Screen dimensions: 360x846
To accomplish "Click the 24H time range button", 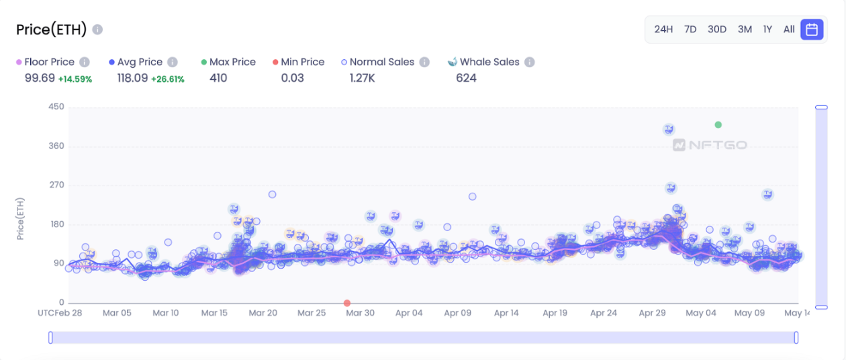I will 663,29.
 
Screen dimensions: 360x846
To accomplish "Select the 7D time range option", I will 690,29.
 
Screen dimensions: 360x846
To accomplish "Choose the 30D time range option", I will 717,29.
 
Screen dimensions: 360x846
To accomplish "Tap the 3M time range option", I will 745,29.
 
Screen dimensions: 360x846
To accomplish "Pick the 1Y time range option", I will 767,29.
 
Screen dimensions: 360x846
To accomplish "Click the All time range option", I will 789,29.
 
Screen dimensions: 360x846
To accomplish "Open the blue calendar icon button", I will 811,29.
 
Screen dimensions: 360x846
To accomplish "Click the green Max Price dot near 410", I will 718,125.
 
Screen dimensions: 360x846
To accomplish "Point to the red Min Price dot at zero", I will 347,303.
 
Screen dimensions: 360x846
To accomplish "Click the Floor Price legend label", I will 49,62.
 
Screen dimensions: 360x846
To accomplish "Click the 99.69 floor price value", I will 40,78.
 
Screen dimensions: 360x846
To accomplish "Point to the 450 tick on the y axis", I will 56,107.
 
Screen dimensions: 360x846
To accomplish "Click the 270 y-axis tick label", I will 56,185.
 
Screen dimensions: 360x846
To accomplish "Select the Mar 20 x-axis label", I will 263,313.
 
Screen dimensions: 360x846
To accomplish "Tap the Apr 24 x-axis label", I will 604,313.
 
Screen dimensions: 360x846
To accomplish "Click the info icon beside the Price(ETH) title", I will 98,30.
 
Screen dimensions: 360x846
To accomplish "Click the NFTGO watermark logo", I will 710,145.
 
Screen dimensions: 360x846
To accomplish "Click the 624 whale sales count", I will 466,78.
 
